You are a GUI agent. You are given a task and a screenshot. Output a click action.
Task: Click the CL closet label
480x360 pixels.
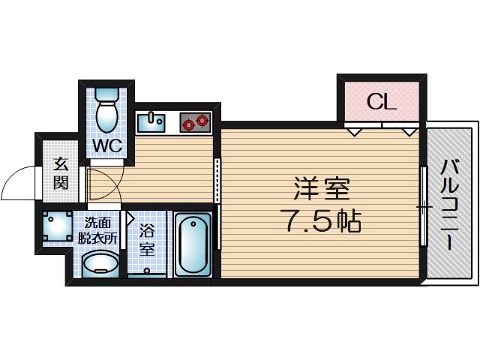382,102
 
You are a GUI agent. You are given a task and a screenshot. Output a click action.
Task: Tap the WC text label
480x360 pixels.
107,146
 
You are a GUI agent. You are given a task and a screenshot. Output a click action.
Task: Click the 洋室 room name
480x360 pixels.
322,188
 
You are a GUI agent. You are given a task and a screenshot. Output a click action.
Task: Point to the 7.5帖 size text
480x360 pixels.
323,220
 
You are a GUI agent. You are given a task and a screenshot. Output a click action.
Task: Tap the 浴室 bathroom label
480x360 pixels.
147,240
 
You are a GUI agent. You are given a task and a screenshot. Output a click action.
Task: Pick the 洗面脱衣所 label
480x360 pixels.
97,230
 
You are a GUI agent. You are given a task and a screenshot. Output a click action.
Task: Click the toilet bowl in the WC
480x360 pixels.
106,116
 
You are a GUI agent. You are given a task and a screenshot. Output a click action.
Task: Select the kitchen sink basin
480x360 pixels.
151,123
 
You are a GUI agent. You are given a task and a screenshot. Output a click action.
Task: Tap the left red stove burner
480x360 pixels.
187,124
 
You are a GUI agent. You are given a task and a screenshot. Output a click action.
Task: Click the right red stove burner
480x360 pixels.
202,120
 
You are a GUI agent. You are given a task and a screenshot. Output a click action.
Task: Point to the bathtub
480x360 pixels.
193,245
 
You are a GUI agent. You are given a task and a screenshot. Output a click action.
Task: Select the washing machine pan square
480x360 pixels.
57,226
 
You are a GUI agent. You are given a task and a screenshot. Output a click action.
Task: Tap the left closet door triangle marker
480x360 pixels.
355,132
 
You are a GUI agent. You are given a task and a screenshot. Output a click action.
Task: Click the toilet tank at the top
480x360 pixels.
106,94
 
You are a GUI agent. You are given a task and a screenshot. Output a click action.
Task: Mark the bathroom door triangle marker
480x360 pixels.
130,218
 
